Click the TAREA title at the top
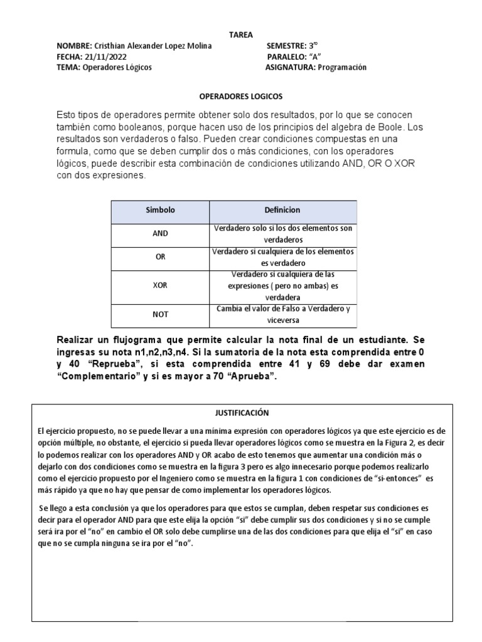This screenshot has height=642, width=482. [x=241, y=35]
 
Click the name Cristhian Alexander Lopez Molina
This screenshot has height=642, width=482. [x=153, y=46]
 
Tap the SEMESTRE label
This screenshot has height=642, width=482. [x=286, y=46]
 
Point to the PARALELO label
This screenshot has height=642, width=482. [x=285, y=56]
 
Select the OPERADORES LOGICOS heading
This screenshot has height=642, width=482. [x=241, y=97]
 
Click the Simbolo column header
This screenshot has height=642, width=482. [x=161, y=211]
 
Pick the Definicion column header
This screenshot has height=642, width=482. [x=283, y=211]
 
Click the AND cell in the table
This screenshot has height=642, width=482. [x=161, y=234]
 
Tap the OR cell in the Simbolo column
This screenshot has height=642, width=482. [x=161, y=258]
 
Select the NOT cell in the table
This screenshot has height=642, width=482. [x=161, y=314]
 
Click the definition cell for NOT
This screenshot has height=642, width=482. [x=284, y=314]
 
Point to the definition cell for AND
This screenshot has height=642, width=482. [x=284, y=234]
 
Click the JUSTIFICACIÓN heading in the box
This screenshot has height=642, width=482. [x=240, y=413]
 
